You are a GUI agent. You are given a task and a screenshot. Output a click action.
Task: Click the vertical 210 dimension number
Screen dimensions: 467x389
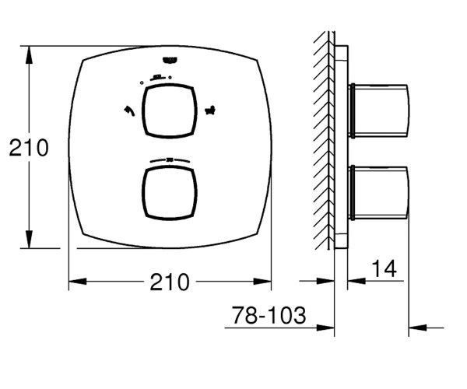tap(29, 148)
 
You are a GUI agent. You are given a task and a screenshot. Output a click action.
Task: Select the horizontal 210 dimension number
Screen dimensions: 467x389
tap(170, 282)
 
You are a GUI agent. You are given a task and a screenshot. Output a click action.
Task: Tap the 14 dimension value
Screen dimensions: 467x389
tap(384, 268)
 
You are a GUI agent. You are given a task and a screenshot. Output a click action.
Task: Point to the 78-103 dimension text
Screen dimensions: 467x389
tap(269, 315)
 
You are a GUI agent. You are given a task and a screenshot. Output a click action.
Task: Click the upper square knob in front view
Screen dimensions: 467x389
tap(169, 111)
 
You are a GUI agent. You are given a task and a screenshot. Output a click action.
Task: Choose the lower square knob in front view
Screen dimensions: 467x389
tap(169, 194)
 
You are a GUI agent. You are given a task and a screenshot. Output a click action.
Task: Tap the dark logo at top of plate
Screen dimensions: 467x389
tap(170, 60)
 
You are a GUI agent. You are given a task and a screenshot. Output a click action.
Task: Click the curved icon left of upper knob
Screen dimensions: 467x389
tap(129, 110)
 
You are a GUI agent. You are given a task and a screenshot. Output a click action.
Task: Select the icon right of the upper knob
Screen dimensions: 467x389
tap(210, 110)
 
